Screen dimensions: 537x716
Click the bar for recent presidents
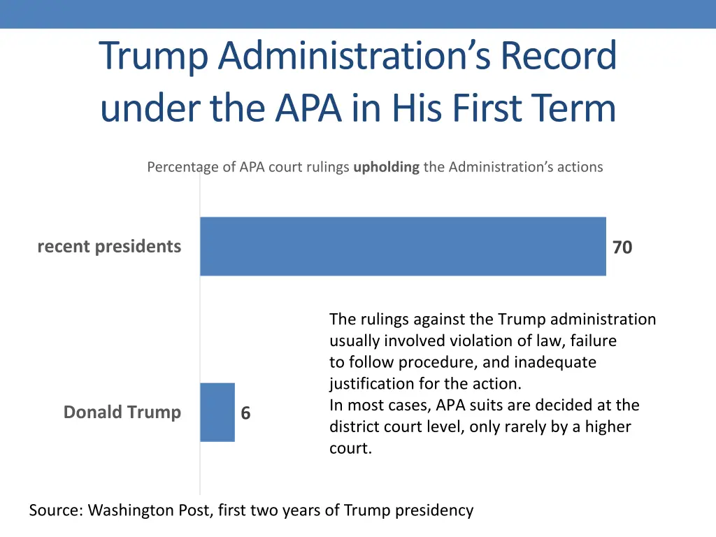click(403, 246)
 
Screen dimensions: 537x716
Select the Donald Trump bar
click(217, 413)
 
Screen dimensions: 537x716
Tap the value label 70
click(622, 248)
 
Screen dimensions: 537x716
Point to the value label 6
click(245, 414)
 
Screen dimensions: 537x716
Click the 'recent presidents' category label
click(109, 246)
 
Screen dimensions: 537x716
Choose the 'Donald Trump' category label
click(122, 413)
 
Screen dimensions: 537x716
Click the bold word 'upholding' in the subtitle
click(386, 167)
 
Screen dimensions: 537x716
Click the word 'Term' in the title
click(573, 108)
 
